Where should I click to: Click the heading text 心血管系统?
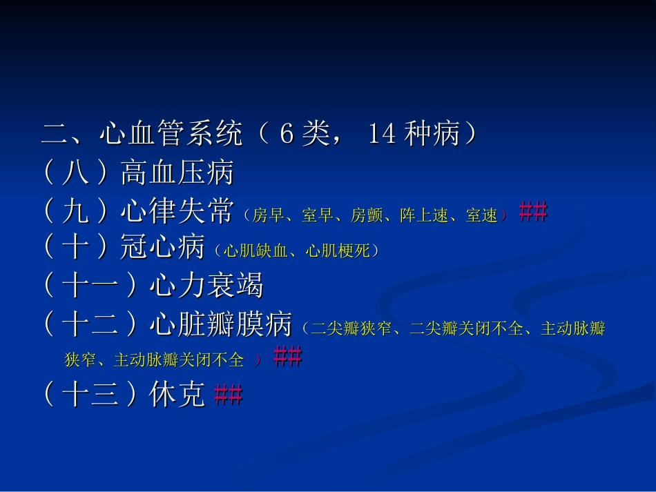[x=171, y=135]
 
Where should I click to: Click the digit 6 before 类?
[x=287, y=135]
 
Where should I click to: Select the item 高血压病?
[x=177, y=173]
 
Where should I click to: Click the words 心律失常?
[x=177, y=213]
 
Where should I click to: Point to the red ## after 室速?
[x=532, y=213]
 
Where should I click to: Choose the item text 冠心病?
[x=162, y=248]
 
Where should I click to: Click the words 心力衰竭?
[x=206, y=286]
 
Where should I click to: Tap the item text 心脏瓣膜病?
[x=220, y=325]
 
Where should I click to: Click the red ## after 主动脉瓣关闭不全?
[x=287, y=358]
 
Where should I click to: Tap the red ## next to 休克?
[x=228, y=395]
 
